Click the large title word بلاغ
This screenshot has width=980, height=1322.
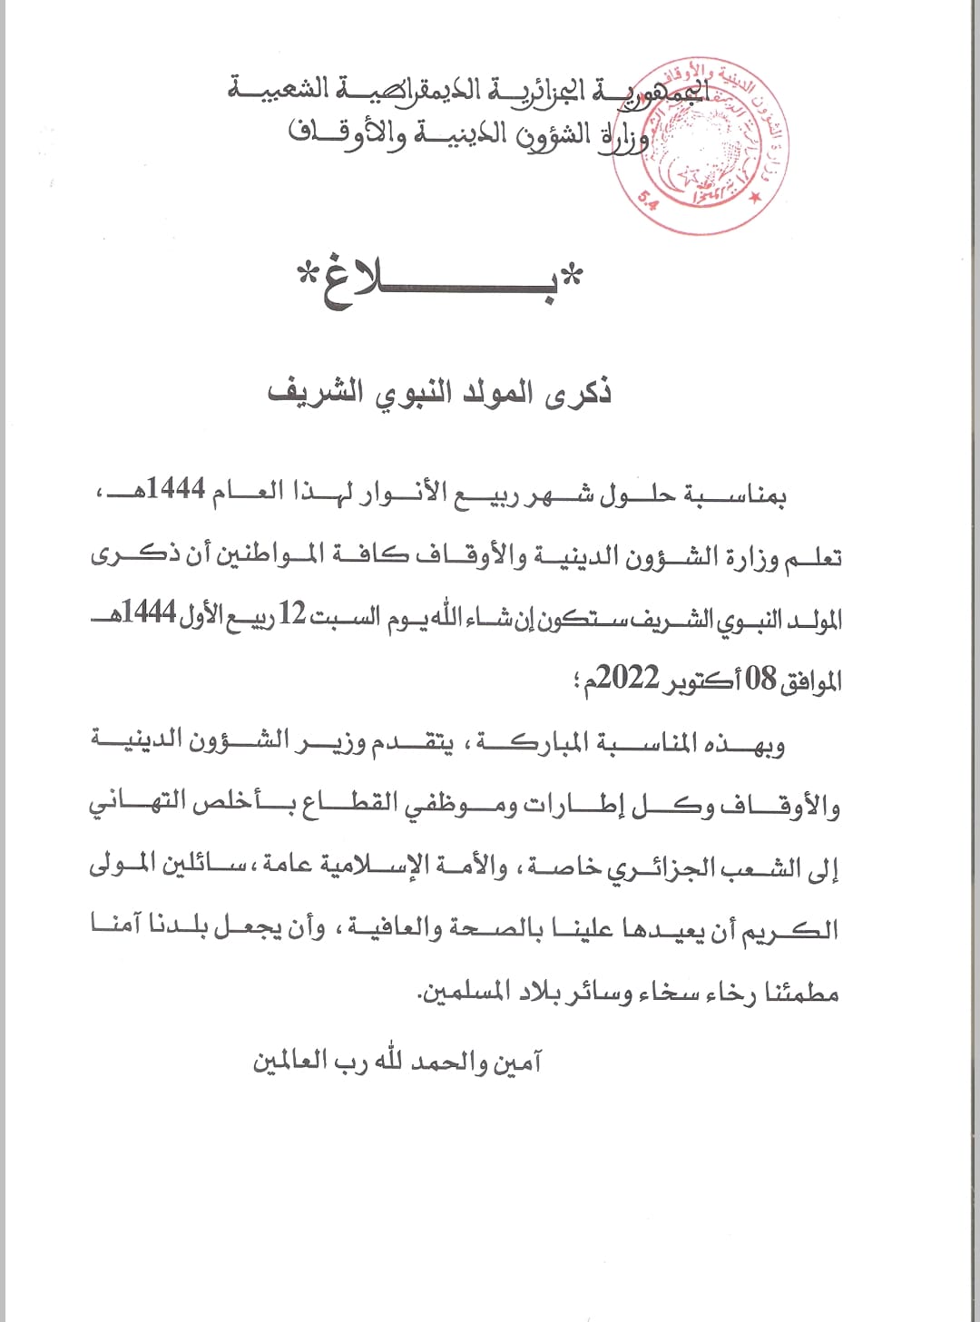click(x=440, y=281)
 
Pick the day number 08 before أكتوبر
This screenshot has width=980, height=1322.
click(x=761, y=679)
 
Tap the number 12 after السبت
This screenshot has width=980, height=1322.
click(x=291, y=614)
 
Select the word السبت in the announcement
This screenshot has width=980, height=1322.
click(x=345, y=617)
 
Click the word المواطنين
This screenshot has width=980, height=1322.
click(x=269, y=555)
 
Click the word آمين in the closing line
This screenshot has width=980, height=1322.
click(x=517, y=1062)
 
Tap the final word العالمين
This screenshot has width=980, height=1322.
click(x=290, y=1062)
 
